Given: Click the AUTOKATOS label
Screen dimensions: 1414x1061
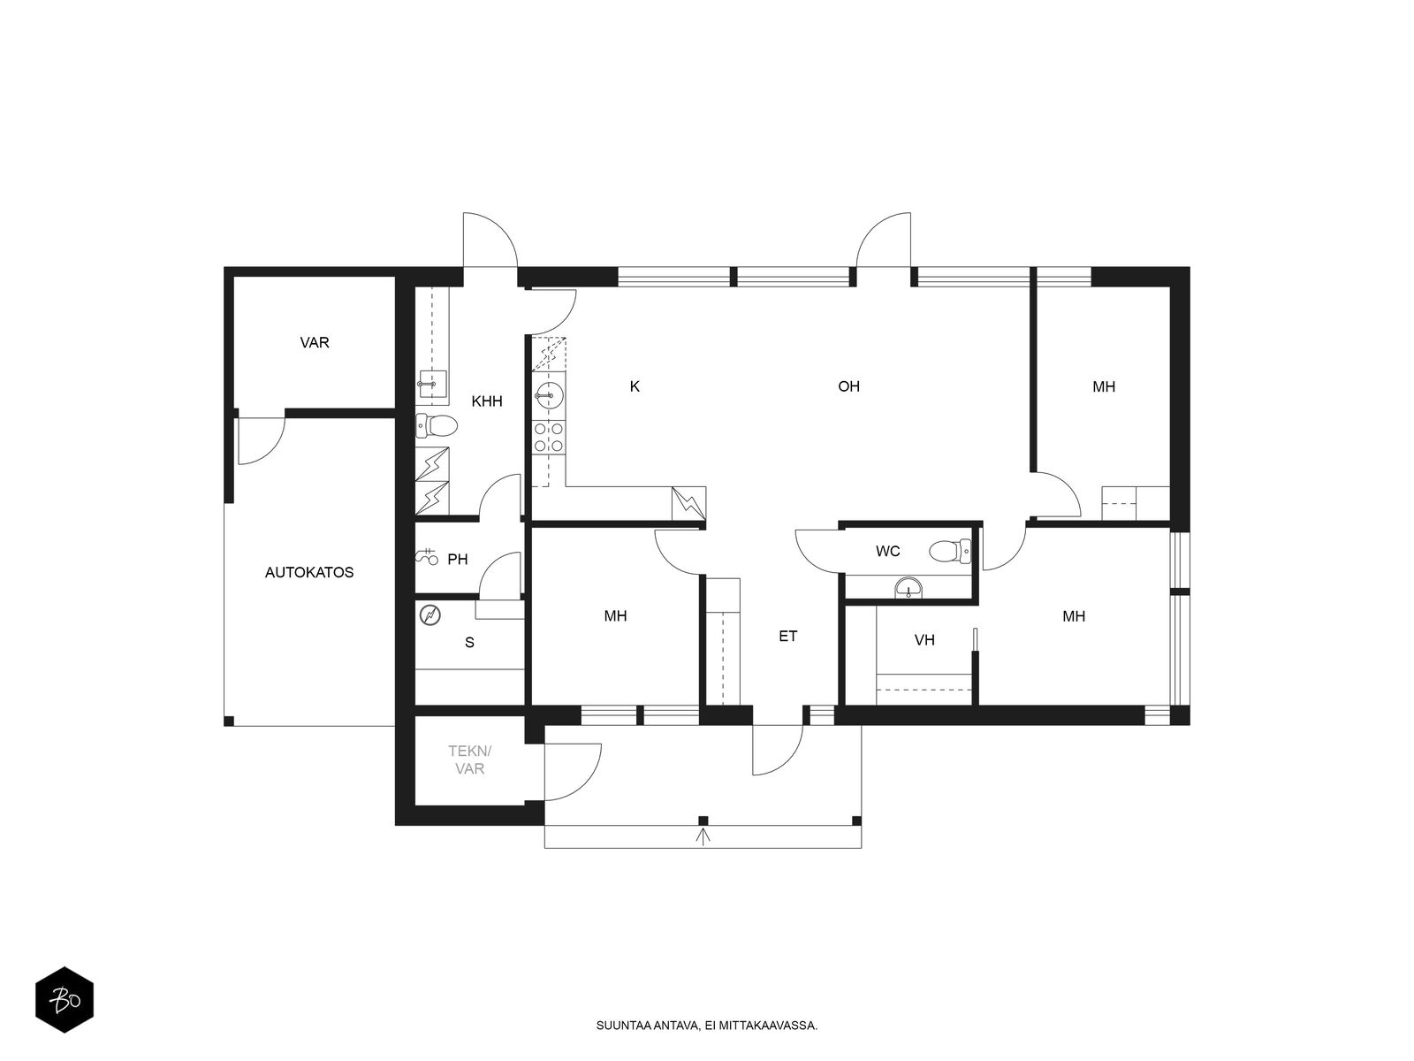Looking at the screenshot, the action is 309,572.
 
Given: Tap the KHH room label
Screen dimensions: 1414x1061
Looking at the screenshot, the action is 486,401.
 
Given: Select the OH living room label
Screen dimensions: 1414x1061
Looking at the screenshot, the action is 848,385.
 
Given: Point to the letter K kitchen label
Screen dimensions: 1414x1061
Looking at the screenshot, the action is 635,385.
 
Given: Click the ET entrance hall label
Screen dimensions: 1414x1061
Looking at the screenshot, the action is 787,636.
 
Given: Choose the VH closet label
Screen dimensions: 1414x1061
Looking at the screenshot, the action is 924,639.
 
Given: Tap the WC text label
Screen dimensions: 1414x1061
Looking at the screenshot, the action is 887,551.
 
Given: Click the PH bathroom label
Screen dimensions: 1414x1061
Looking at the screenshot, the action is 458,559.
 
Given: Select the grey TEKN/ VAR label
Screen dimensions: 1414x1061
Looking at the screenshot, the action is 469,759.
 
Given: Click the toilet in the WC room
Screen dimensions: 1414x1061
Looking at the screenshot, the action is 950,551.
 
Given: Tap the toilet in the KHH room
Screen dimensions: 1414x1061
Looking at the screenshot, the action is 436,425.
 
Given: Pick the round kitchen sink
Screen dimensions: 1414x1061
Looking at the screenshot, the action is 549,395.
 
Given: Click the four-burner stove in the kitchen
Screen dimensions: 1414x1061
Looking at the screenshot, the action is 549,437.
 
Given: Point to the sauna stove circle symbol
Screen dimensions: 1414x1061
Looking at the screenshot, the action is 430,615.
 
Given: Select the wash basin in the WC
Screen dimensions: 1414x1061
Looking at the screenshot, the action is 908,587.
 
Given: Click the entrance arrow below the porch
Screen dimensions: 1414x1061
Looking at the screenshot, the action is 703,836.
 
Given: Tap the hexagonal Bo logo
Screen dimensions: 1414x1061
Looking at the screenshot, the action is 65,1000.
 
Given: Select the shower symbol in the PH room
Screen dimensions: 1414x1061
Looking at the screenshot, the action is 427,557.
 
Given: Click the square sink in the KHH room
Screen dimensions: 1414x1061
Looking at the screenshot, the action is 431,384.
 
